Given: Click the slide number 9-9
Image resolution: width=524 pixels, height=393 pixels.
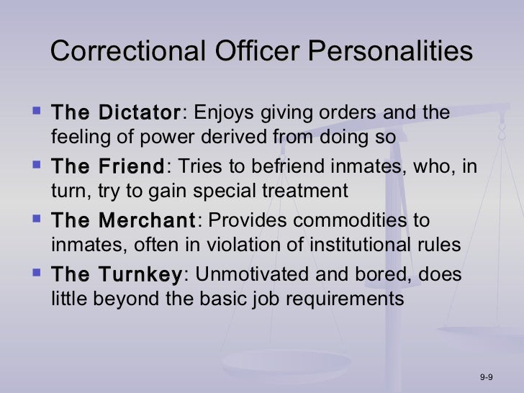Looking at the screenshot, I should [x=485, y=378].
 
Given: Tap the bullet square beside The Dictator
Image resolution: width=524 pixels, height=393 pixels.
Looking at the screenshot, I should [x=36, y=112].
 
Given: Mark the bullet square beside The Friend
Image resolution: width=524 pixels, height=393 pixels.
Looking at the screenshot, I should [x=36, y=166].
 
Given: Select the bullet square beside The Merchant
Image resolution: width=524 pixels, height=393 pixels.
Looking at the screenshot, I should [x=36, y=220].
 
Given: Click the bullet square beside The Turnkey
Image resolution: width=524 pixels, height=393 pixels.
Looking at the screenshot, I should [x=36, y=274].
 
